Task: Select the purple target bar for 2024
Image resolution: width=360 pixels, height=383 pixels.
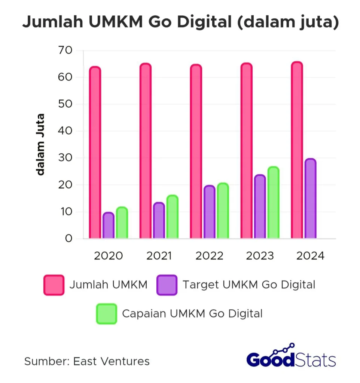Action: point(310,199)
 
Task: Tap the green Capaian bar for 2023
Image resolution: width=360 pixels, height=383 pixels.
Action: point(273,203)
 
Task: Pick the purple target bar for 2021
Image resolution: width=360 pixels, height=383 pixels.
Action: point(159,221)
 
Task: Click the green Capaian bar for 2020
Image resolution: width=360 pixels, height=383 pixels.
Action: point(122,223)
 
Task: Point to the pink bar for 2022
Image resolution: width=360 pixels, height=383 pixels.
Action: point(196,151)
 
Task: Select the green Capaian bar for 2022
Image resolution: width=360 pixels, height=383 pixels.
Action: point(223,211)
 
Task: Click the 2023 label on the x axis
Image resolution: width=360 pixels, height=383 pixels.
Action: point(260,256)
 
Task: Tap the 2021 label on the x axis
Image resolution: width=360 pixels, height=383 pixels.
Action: point(159,256)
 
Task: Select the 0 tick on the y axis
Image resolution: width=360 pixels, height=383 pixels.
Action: point(68,239)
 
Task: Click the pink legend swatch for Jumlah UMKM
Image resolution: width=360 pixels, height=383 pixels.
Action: point(54,285)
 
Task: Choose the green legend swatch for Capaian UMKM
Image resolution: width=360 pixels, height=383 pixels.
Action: point(107,313)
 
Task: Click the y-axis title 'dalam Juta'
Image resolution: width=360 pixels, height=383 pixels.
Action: point(40,144)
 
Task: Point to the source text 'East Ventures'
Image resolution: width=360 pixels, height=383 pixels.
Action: point(111,361)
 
